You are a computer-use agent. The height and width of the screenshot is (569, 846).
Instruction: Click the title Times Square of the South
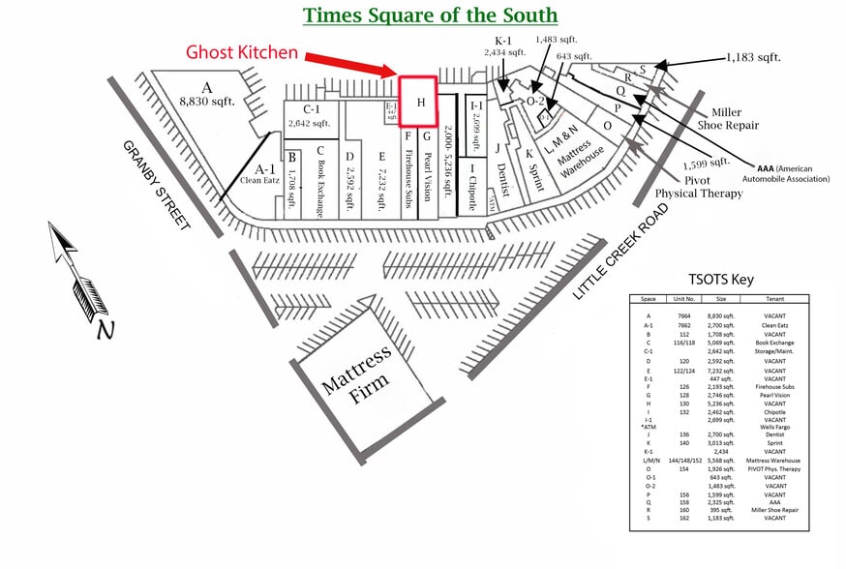pyautogui.click(x=430, y=15)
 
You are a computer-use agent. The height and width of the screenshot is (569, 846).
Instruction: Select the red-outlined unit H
pyautogui.click(x=420, y=102)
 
